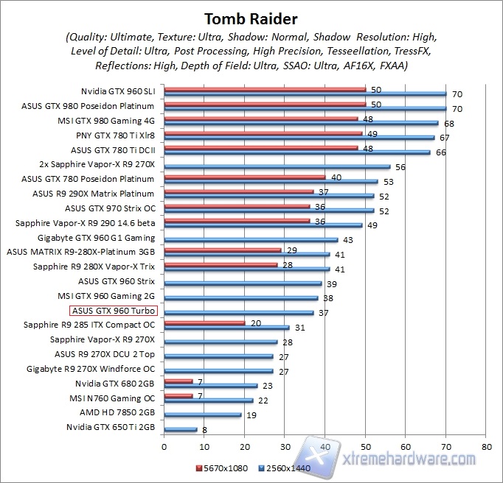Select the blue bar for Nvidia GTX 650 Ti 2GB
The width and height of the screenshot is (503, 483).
181,429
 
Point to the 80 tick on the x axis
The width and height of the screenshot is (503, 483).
485,446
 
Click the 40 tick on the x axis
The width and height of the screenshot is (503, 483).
325,446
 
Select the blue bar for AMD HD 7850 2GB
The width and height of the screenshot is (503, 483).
203,415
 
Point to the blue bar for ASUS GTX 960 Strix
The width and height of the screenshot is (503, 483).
243,283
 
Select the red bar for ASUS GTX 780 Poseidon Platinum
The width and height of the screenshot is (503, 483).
244,176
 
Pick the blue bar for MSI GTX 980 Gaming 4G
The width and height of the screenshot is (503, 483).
301,124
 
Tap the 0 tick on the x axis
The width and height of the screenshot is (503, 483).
164,446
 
